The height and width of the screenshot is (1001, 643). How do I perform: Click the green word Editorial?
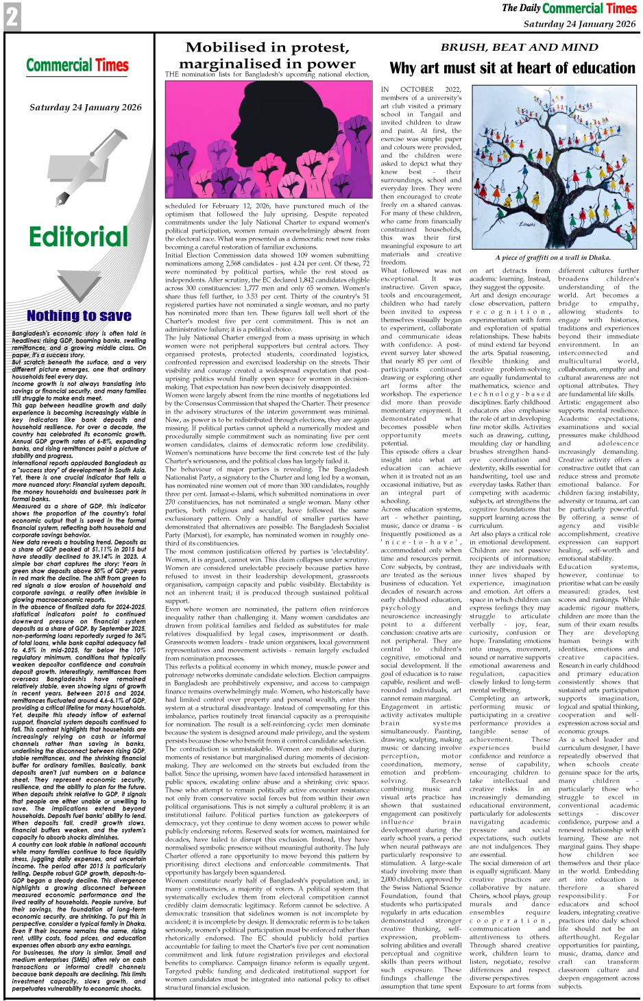point(78,237)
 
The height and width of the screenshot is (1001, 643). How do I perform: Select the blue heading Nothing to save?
point(79,315)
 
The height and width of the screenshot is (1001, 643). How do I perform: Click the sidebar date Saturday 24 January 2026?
point(86,108)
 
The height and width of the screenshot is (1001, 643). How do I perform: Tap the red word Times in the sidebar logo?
point(112,66)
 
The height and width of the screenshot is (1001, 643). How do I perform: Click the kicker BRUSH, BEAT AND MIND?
point(519,47)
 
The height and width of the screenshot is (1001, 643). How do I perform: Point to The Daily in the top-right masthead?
point(521,8)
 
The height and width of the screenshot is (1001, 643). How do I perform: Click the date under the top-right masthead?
point(579,24)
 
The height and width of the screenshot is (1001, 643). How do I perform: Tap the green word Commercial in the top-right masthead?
point(572,9)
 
